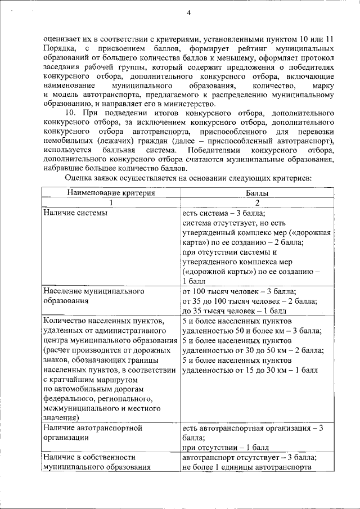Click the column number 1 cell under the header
(x=111, y=203)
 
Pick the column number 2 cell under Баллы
(x=257, y=203)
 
